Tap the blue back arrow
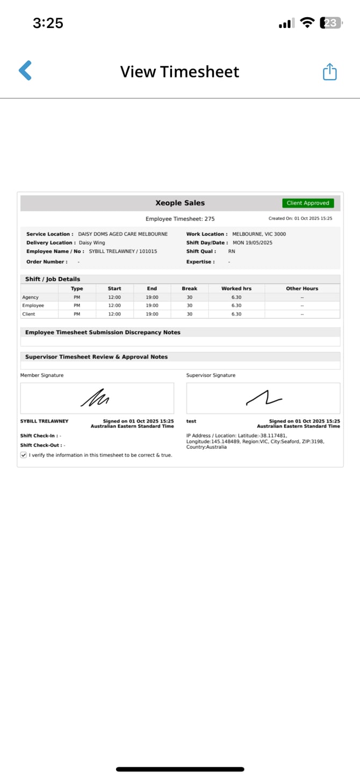[25, 70]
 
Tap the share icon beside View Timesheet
[329, 72]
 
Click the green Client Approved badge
[308, 203]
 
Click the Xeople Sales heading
[180, 203]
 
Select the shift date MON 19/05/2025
[253, 243]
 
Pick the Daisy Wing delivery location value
[92, 243]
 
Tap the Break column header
[189, 289]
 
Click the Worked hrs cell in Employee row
[236, 305]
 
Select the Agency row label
[30, 297]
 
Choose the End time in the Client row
[152, 314]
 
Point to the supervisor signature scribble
[264, 398]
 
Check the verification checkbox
[24, 455]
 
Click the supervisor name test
[191, 421]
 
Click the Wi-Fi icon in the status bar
[307, 23]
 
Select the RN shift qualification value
[232, 252]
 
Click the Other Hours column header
[302, 289]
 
